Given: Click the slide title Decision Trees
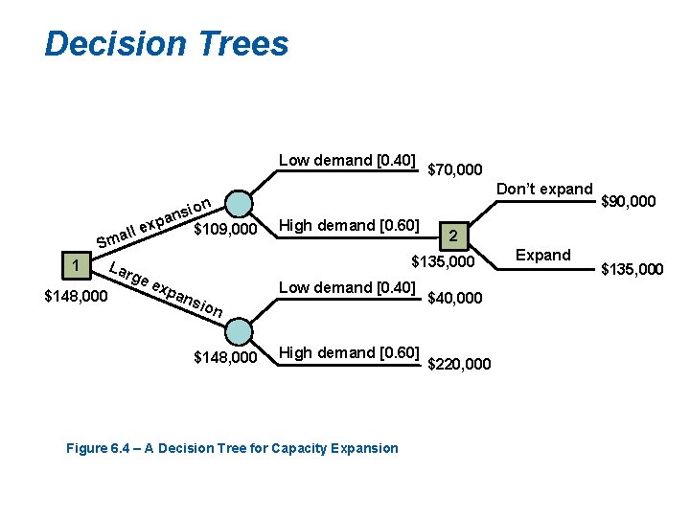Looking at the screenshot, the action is [x=166, y=44].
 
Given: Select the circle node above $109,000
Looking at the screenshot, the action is [x=241, y=205].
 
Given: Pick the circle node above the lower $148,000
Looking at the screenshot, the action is [x=241, y=332].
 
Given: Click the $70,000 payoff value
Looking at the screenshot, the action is [x=454, y=169].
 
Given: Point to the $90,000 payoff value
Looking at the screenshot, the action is [x=628, y=201].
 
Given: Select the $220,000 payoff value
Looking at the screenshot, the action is [x=459, y=364].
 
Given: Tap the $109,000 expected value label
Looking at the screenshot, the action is [x=225, y=230].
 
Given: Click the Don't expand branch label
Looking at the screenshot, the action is [x=544, y=189].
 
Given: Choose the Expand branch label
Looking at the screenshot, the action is [x=543, y=255].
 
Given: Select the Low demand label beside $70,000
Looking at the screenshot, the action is [x=347, y=160].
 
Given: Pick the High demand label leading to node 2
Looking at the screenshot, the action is [x=348, y=226].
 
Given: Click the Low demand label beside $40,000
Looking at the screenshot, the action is [x=347, y=288].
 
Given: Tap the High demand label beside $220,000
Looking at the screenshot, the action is [x=348, y=353].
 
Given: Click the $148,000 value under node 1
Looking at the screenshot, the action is [x=77, y=296].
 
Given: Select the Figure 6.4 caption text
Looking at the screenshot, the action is [x=231, y=448].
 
